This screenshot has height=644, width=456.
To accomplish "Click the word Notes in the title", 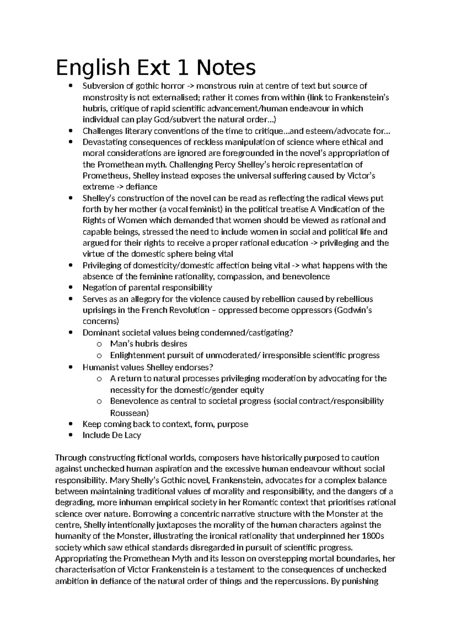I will tap(226, 68).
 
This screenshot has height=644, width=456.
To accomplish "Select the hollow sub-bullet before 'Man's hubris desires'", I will tap(99, 344).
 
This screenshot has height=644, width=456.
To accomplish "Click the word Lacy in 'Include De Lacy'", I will tap(132, 435).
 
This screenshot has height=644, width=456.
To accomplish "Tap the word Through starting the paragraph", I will tap(71, 458).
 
